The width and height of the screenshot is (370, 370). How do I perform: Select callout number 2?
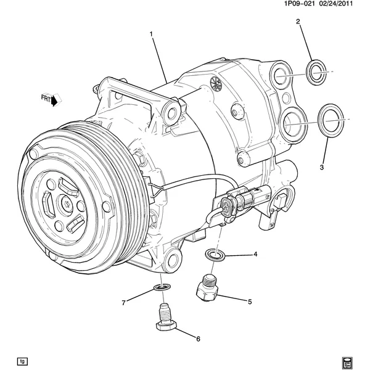click(298, 22)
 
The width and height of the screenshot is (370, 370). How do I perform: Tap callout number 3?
click(321, 167)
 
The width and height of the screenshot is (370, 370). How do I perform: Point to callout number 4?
click(255, 254)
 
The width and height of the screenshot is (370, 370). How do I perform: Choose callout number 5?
click(250, 302)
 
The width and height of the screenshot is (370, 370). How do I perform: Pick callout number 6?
click(198, 339)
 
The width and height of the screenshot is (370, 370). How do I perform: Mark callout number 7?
click(123, 302)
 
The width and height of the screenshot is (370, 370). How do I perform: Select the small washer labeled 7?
click(162, 287)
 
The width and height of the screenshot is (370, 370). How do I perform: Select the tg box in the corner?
click(23, 360)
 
